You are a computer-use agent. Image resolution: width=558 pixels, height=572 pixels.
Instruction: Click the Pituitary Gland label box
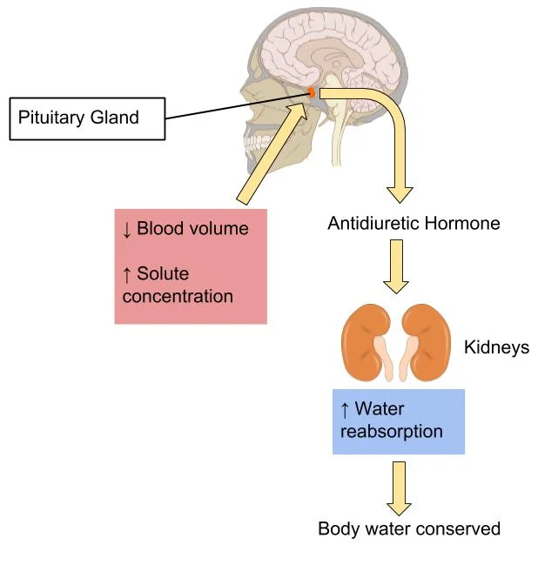[86, 117]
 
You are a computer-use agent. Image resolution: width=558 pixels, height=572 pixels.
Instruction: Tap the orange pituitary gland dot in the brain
[311, 91]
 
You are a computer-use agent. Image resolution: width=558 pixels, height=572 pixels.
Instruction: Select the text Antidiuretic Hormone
[413, 224]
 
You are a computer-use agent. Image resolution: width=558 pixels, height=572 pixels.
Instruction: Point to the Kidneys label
[496, 348]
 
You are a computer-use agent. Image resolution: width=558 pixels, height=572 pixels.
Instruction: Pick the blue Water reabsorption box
[398, 421]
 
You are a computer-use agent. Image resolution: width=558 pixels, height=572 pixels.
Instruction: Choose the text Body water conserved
[409, 528]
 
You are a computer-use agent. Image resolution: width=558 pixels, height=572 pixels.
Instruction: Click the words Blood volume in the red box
[192, 229]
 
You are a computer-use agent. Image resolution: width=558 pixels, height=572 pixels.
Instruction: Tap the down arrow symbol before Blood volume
[127, 229]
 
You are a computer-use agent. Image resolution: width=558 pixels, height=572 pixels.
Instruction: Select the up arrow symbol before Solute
[127, 275]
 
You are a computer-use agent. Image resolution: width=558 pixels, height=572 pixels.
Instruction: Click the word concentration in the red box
[178, 296]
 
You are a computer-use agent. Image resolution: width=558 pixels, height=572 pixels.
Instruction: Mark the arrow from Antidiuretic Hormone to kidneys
[396, 266]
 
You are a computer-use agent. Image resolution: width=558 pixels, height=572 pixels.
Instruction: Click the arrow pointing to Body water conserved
[399, 487]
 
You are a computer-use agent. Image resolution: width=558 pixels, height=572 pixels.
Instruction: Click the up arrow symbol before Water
[345, 409]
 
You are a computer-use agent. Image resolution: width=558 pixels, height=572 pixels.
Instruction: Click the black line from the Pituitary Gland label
[235, 104]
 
